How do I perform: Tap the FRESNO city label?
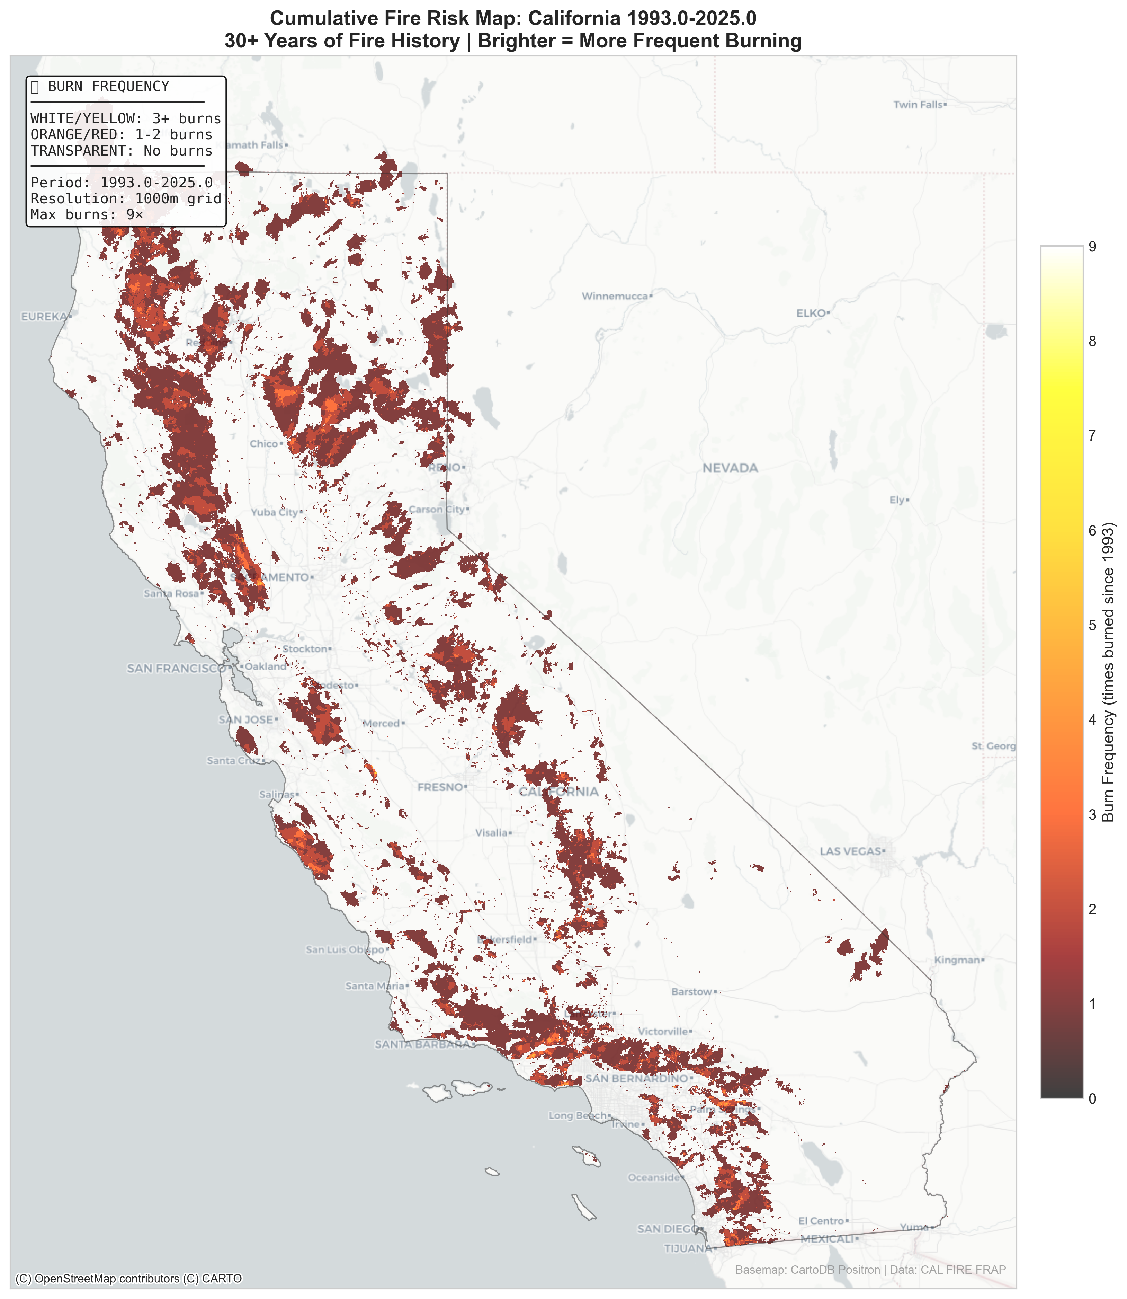(440, 787)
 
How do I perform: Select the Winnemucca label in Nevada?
(615, 296)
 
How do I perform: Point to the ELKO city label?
(811, 313)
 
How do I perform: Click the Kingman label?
(957, 960)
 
